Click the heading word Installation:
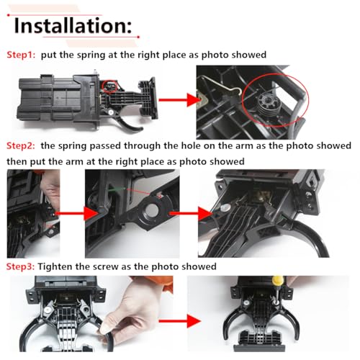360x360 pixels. (73, 25)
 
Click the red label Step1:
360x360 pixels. (21, 55)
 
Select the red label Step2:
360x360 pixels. (21, 145)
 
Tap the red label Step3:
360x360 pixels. (20, 266)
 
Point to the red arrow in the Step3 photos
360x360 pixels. (179, 321)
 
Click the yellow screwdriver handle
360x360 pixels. (278, 280)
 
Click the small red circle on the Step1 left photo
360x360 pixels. (110, 86)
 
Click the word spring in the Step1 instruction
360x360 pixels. (91, 55)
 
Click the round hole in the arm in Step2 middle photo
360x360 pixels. (152, 210)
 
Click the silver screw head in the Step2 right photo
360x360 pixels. (225, 208)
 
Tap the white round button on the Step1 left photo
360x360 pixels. (111, 112)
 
